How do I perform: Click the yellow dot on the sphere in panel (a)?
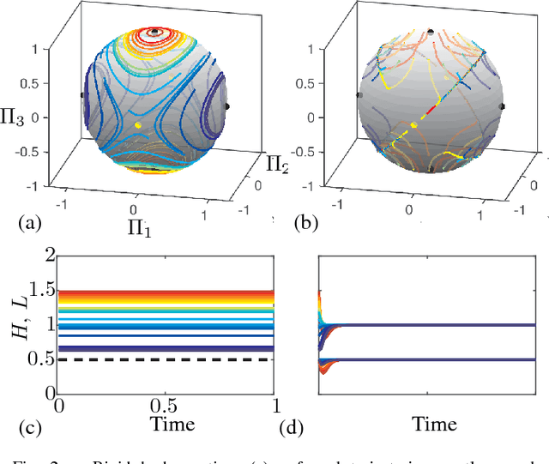[x=138, y=125]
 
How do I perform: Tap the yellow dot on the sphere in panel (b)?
[x=415, y=125]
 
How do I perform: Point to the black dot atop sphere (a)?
[x=154, y=32]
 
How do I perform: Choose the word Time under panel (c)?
[x=166, y=424]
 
